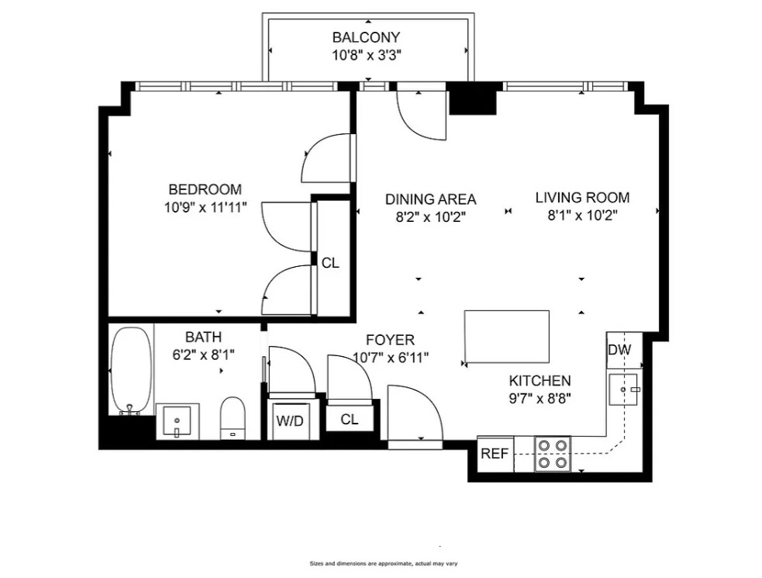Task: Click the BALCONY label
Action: coord(367,37)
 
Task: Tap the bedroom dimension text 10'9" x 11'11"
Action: coord(205,207)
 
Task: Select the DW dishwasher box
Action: coord(619,350)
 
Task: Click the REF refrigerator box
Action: coord(494,454)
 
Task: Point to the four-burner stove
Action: coord(553,454)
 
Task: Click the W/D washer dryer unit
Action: coord(290,421)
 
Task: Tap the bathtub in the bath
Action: coord(129,370)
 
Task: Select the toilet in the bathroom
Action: coord(233,418)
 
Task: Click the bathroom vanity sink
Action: coord(178,421)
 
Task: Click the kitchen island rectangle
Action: coord(506,337)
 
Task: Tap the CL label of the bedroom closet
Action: coord(330,263)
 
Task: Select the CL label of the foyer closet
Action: coord(350,419)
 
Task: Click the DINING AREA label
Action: coord(430,199)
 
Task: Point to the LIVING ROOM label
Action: coord(582,198)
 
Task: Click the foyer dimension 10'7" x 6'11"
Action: coord(390,358)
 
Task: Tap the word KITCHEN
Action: coord(540,381)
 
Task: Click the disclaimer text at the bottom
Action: coord(381,563)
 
